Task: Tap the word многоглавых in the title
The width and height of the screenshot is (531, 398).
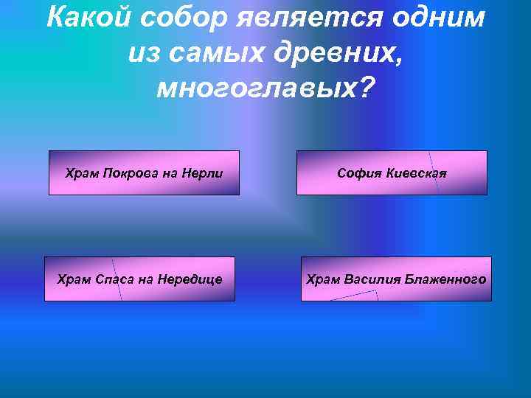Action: pos(255,88)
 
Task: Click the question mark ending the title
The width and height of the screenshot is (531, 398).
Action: pos(367,88)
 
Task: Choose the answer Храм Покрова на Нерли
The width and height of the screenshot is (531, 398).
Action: pos(144,173)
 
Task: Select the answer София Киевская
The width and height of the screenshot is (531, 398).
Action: pos(392,173)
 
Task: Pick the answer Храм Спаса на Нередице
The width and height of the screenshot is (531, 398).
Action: pos(140,279)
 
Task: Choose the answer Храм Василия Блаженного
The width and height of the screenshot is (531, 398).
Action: pos(396,279)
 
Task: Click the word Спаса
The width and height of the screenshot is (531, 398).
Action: pos(114,279)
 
